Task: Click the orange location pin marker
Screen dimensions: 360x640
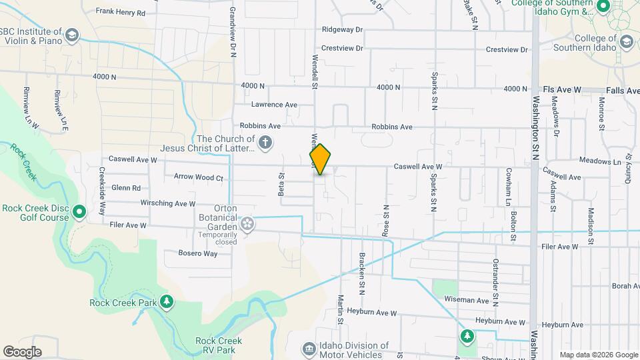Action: (320, 159)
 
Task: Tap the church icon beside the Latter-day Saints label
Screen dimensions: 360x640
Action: (265, 142)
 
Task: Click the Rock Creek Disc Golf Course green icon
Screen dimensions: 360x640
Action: (79, 213)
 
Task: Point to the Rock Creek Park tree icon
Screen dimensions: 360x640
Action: (167, 303)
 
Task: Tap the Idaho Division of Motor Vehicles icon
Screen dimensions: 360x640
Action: (308, 348)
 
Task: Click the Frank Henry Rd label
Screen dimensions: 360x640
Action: (120, 11)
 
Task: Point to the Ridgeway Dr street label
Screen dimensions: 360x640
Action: (341, 29)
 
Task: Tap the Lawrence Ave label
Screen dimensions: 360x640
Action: (274, 105)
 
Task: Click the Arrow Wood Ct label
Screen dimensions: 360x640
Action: (198, 177)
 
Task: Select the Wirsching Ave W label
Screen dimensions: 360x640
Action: (167, 203)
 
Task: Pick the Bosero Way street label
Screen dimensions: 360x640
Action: (198, 253)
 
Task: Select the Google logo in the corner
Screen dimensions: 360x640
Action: (22, 352)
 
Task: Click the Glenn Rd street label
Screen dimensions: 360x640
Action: (126, 189)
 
